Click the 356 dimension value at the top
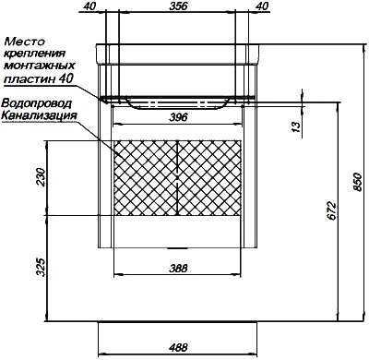(178, 6)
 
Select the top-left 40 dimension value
(89, 6)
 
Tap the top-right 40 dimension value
(262, 6)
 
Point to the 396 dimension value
(178, 117)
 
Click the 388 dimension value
(178, 269)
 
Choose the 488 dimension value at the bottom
(178, 348)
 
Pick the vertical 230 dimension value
(42, 177)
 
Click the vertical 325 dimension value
(42, 267)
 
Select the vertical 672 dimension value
(331, 211)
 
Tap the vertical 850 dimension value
(357, 182)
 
